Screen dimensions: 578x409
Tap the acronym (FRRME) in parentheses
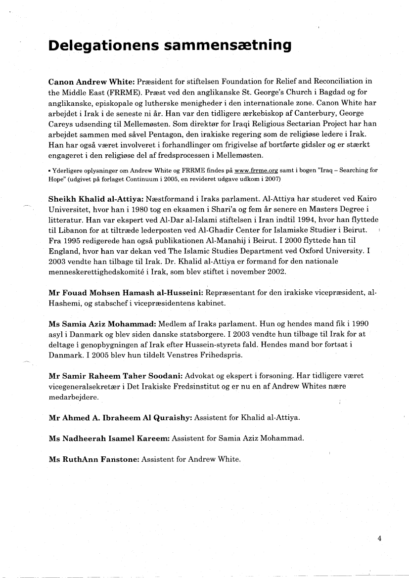point(123,92)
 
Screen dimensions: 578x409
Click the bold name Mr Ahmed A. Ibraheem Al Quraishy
point(120,418)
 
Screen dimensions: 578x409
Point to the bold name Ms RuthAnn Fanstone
point(94,459)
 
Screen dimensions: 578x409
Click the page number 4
point(379,538)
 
